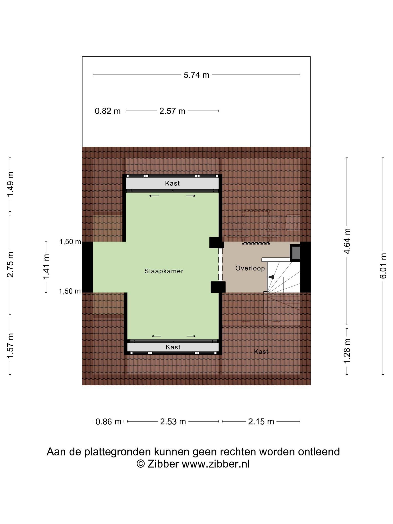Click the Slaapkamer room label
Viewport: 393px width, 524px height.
(164, 271)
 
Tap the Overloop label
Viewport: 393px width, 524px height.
(250, 268)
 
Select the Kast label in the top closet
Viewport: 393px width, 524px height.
(172, 183)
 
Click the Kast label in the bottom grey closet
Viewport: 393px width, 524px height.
(173, 347)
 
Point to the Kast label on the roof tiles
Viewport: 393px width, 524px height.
(261, 352)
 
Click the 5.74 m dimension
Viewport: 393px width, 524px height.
(196, 75)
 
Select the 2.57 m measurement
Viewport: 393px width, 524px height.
(172, 111)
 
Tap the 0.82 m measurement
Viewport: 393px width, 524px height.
(108, 111)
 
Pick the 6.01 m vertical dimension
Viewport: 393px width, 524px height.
(383, 266)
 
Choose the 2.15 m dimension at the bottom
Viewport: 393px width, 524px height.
(261, 421)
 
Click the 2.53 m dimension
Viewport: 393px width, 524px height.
(173, 421)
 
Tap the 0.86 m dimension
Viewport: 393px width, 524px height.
(108, 421)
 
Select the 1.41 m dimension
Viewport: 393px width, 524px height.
(46, 267)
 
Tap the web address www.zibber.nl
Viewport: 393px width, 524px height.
(215, 464)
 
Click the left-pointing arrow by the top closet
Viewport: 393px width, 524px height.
(154, 196)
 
